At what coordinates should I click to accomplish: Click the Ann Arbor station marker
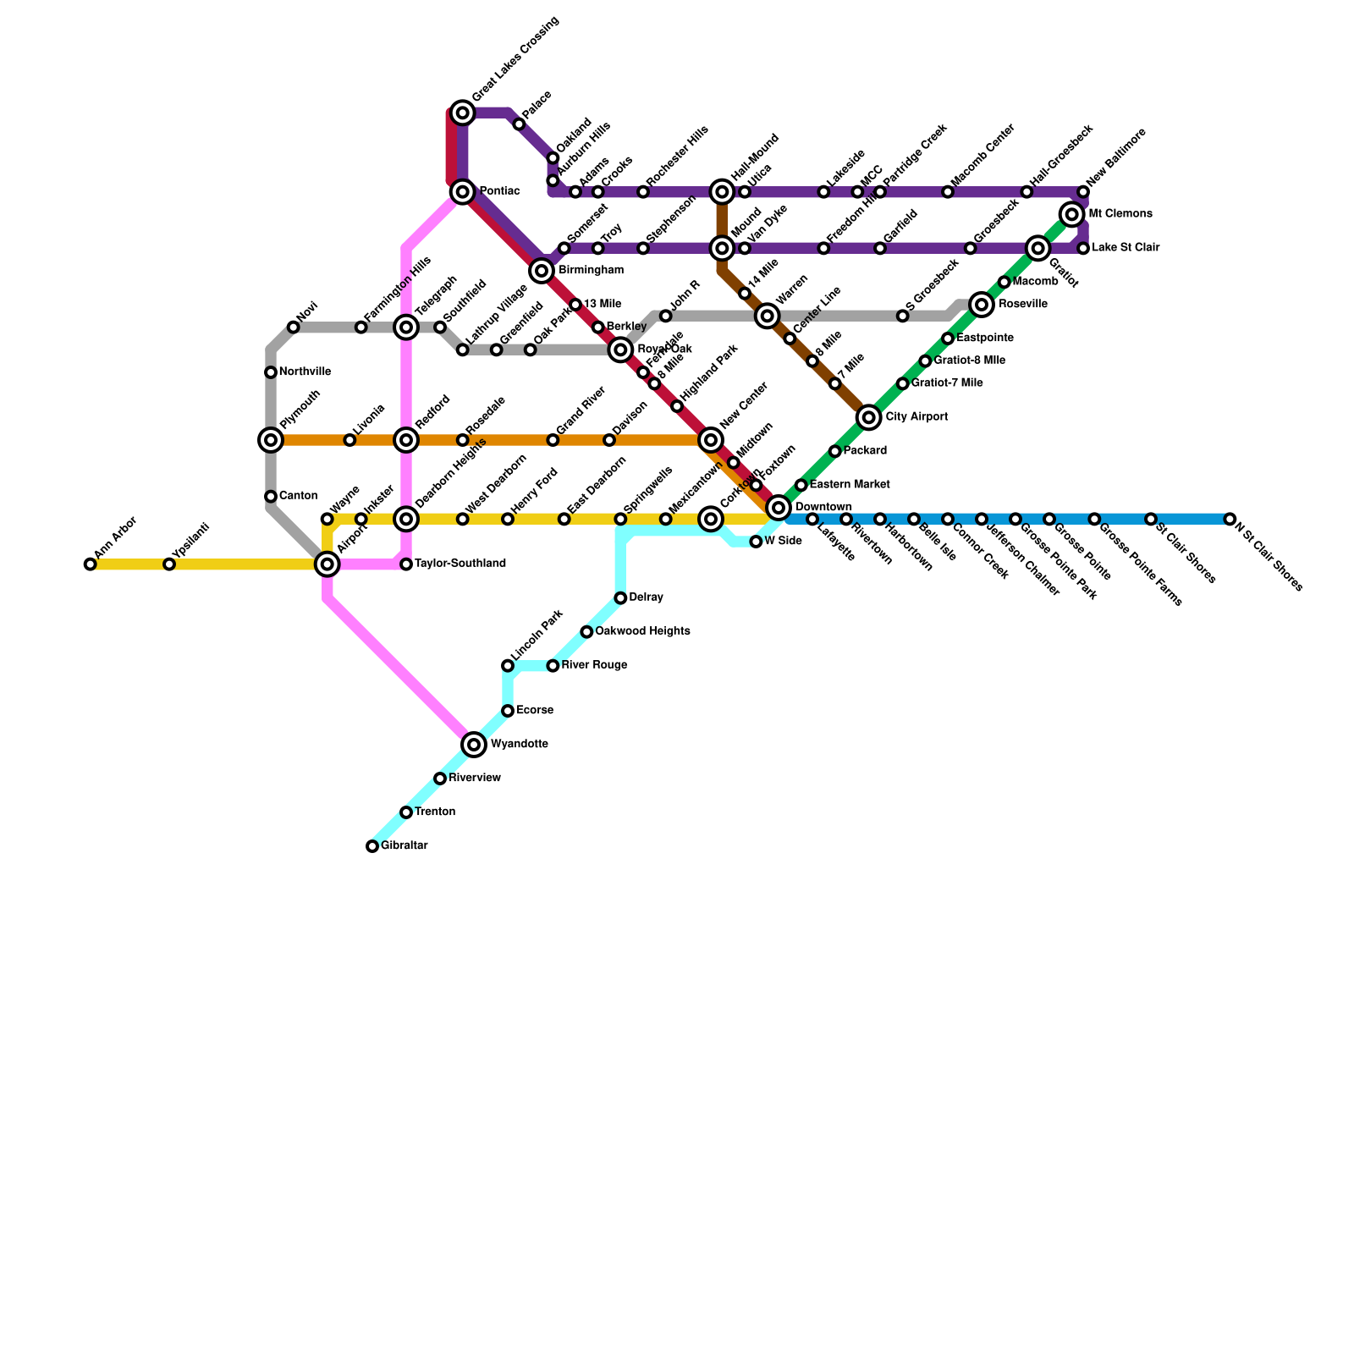[x=91, y=564]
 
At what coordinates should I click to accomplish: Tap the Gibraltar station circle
[x=372, y=846]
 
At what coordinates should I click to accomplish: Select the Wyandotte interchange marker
[x=475, y=745]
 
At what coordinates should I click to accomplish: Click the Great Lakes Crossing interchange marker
[x=462, y=113]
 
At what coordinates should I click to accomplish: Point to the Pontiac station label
[x=499, y=192]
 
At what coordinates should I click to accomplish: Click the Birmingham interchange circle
[x=542, y=271]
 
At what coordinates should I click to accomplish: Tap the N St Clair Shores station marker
[x=1230, y=519]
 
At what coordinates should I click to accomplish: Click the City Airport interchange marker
[x=868, y=417]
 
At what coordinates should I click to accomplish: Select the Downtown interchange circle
[x=779, y=508]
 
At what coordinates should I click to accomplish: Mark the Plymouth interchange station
[x=271, y=440]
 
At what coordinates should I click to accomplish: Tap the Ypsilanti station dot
[x=169, y=564]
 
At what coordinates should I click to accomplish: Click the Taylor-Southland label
[x=460, y=564]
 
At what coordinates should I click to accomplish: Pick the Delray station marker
[x=620, y=598]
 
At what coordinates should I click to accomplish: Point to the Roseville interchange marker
[x=982, y=305]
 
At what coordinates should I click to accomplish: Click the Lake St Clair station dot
[x=1083, y=248]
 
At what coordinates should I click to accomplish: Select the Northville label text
[x=305, y=372]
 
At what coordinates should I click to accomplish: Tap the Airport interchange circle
[x=327, y=564]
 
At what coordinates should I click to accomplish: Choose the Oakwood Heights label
[x=642, y=632]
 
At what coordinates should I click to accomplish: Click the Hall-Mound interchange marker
[x=722, y=192]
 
